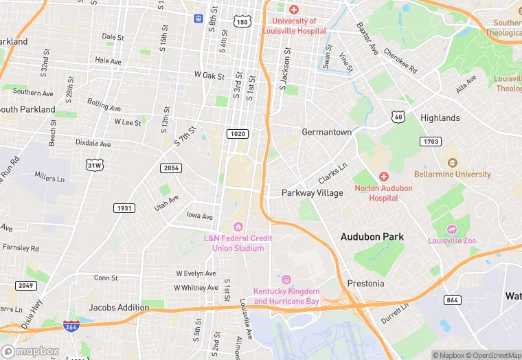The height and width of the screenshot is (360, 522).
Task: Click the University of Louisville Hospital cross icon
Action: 294,10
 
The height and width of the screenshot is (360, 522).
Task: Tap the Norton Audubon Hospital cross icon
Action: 384,177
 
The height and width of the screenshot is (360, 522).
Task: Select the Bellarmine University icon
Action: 452,163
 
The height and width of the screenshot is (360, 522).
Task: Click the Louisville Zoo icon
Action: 451,229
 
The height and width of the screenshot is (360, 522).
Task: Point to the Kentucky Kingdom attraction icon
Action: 286,280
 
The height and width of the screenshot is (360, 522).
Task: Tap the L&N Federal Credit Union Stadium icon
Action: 238,227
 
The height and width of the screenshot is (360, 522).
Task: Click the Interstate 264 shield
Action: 70,327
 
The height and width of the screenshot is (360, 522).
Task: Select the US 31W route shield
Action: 95,166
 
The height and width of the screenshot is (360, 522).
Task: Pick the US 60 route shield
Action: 398,117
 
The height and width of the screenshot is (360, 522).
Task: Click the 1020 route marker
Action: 238,133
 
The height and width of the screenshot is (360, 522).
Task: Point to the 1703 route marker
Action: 430,141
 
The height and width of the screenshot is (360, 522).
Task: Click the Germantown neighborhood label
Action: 326,132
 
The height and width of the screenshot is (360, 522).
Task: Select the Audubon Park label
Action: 372,236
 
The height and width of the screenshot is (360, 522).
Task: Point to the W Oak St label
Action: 209,75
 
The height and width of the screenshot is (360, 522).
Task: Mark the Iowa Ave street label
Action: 201,215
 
